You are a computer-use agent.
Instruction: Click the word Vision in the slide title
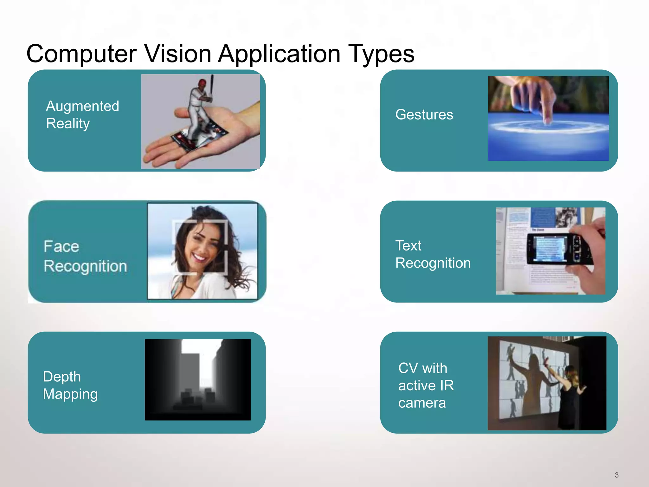point(178,53)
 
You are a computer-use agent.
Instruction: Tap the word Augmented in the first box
point(82,107)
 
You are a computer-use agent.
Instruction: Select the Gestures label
point(424,114)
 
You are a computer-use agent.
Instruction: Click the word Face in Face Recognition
point(61,246)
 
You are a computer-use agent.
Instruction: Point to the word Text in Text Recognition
point(408,246)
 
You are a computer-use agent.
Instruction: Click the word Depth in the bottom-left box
point(62,377)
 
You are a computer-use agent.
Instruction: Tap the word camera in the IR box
point(422,403)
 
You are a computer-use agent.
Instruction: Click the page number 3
point(616,475)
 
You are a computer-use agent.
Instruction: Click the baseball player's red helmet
point(202,83)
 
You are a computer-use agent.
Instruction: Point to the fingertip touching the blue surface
point(547,120)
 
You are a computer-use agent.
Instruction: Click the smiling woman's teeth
point(199,256)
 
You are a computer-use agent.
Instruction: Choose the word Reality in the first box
point(68,124)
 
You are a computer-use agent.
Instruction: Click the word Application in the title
point(279,54)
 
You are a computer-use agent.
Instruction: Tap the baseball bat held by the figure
point(211,86)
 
